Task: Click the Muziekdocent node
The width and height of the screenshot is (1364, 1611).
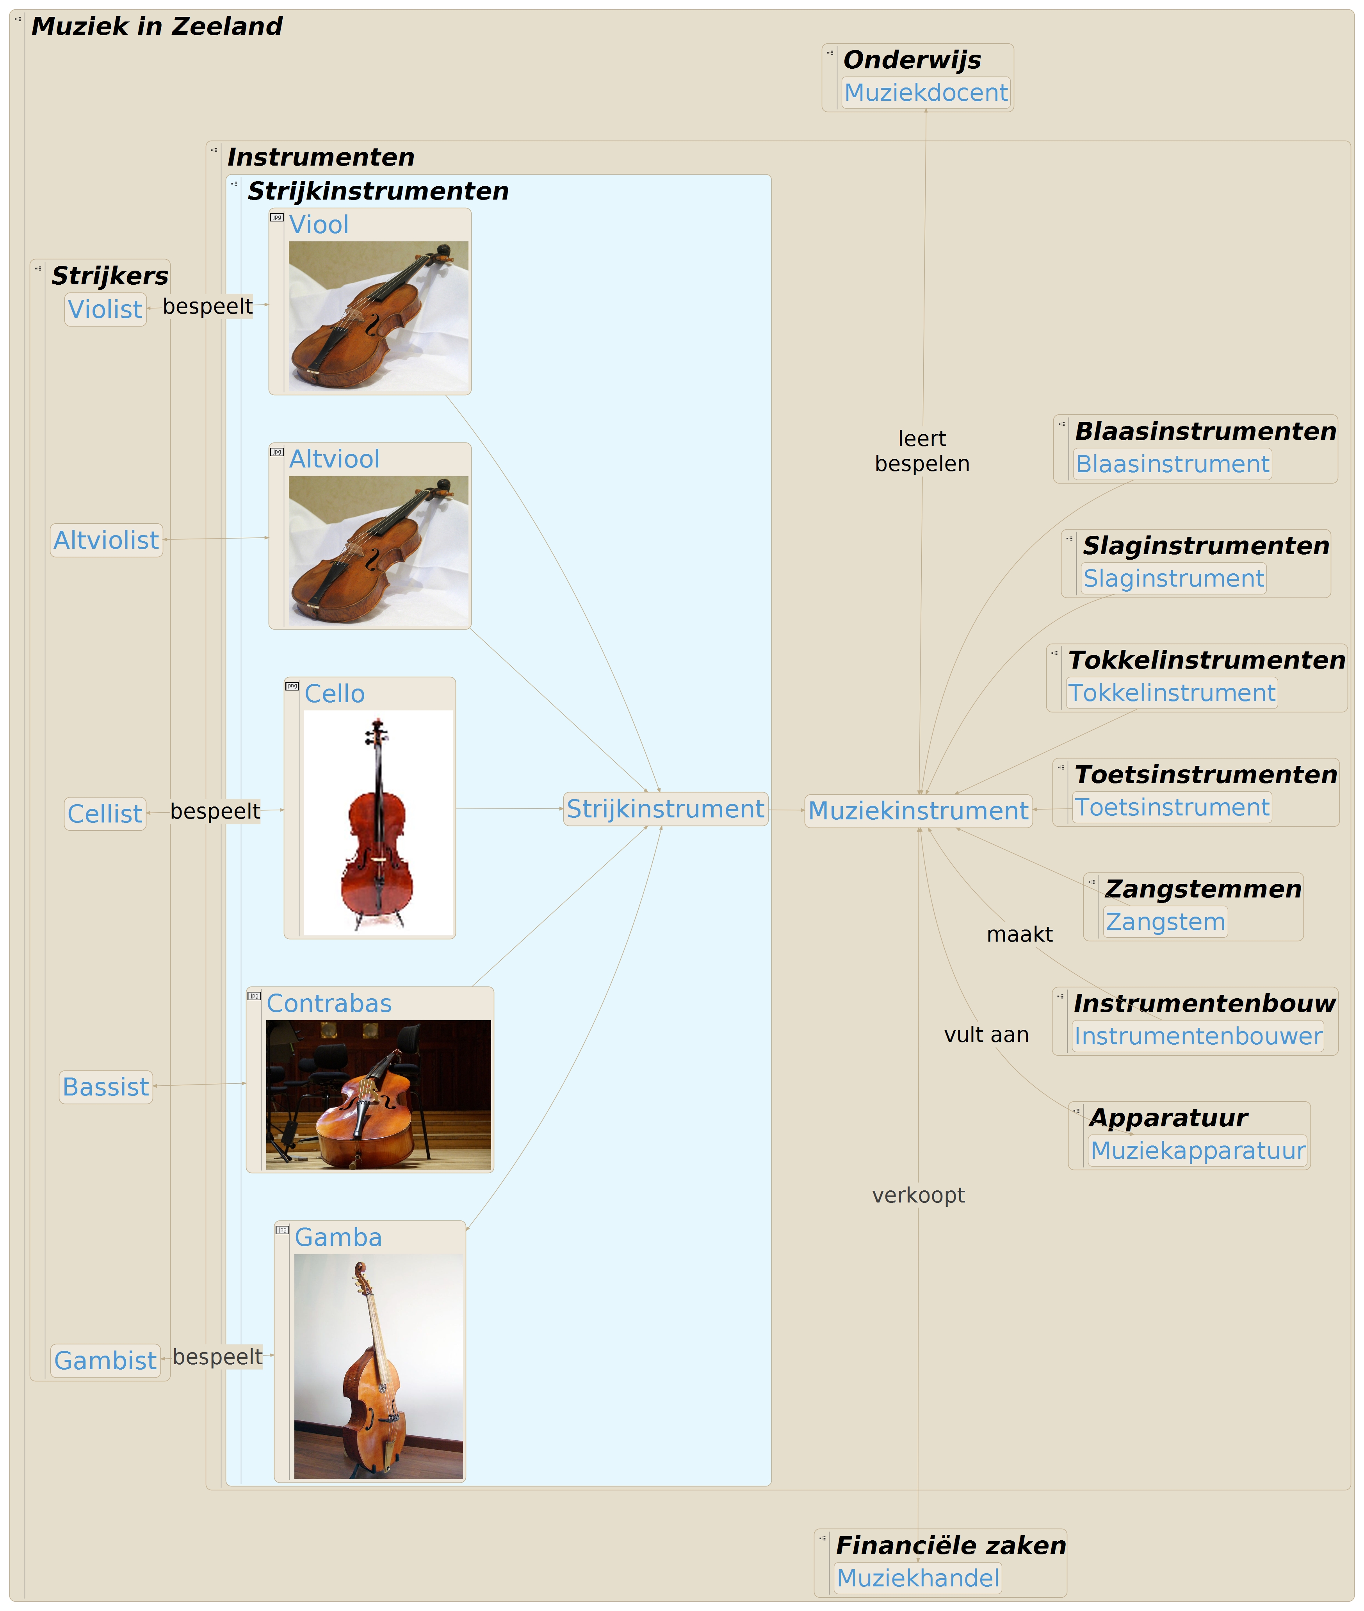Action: [926, 93]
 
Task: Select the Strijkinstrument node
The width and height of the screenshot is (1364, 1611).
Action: [665, 809]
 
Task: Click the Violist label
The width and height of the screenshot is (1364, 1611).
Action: [105, 309]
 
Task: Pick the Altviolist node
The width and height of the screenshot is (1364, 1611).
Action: [106, 540]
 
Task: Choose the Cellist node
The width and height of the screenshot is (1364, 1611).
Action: [105, 814]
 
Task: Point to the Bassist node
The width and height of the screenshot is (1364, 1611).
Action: [106, 1086]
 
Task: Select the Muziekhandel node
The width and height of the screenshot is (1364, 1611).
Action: [918, 1578]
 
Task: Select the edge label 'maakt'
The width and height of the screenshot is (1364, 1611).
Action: [1019, 934]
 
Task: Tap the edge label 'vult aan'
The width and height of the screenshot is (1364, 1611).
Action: [986, 1035]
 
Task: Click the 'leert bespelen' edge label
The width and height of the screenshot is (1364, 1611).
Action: [922, 451]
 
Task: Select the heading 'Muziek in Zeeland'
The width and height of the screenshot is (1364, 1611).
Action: [157, 26]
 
